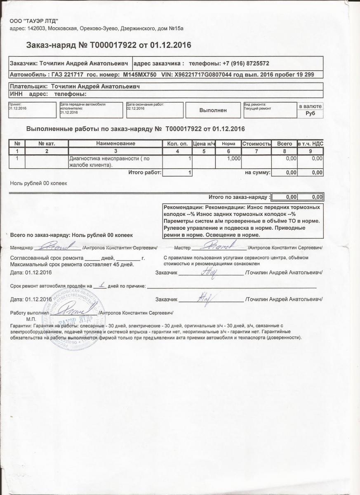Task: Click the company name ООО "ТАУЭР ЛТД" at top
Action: (34, 21)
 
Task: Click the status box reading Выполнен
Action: (213, 111)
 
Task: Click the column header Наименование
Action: (115, 144)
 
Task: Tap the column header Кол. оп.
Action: (177, 144)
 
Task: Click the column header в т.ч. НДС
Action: (310, 144)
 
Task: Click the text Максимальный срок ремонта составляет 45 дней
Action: (72, 264)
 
